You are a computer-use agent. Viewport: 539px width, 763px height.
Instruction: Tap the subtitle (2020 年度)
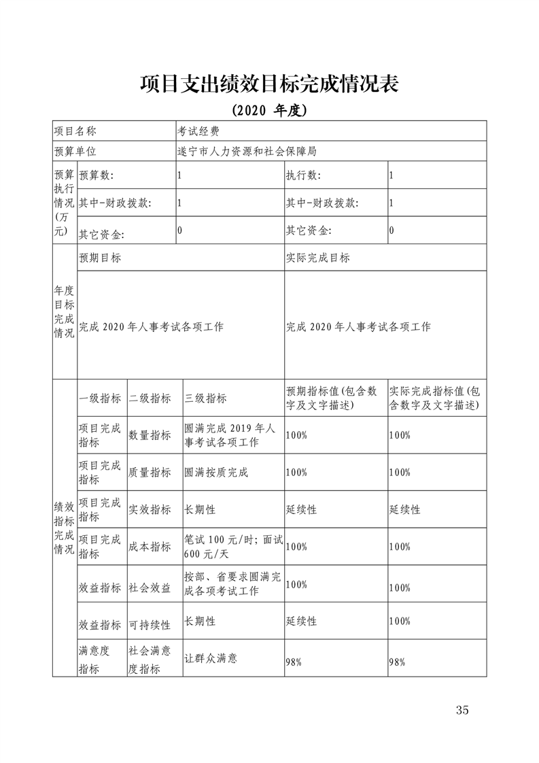pos(269,109)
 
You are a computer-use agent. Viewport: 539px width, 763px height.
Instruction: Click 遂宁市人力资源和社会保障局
pos(247,151)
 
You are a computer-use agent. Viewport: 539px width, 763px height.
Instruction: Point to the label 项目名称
pos(75,131)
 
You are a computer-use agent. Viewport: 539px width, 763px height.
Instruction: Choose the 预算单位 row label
pos(75,151)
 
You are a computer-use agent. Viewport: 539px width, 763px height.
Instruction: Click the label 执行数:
pos(303,175)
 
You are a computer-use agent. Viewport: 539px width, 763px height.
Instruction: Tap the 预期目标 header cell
pos(101,258)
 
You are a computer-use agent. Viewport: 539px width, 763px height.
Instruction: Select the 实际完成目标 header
pos(318,258)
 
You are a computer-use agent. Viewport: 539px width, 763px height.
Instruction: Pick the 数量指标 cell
pos(150,435)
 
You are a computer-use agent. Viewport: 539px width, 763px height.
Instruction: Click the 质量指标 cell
pos(150,472)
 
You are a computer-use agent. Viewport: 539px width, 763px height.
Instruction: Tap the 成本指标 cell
pos(150,546)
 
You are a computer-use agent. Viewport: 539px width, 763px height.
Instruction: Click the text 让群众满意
pos(211,658)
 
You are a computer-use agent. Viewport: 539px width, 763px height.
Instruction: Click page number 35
pos(463,711)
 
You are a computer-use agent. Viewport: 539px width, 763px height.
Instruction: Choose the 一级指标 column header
pos(101,399)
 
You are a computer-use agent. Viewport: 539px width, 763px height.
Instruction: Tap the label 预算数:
pos(97,175)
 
